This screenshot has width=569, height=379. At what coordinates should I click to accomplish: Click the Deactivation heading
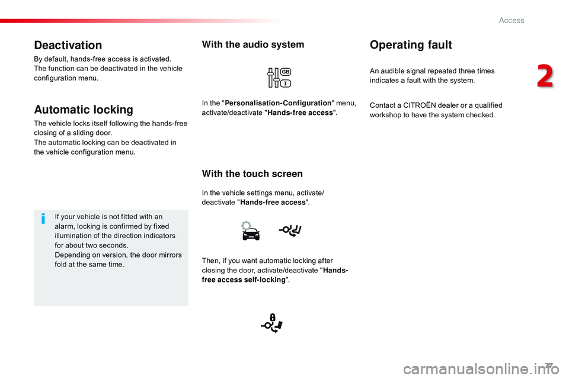[x=68, y=45]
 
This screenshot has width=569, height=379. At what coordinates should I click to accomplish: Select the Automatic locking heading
[x=84, y=110]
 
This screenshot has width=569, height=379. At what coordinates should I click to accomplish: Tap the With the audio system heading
[x=253, y=44]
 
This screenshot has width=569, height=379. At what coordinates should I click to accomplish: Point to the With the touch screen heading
[x=252, y=174]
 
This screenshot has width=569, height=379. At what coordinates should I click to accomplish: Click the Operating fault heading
[x=411, y=45]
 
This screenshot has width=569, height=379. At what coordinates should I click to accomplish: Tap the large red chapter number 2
[x=545, y=78]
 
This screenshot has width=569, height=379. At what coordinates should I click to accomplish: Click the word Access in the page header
[x=512, y=20]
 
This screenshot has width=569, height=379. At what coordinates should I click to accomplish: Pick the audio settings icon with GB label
[x=278, y=78]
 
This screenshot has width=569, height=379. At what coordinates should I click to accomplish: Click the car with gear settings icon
[x=250, y=230]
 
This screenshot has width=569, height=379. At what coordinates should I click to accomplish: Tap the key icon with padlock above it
[x=272, y=323]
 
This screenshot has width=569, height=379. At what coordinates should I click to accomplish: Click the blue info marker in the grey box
[x=43, y=220]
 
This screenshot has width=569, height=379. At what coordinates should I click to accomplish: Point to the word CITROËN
[x=421, y=105]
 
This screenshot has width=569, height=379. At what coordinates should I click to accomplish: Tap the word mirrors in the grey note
[x=170, y=255]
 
